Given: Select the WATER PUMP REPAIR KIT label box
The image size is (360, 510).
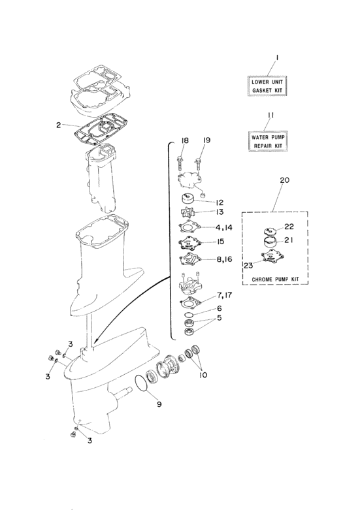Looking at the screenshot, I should pyautogui.click(x=269, y=140).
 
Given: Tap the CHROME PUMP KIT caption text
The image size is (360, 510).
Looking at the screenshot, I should pyautogui.click(x=274, y=279).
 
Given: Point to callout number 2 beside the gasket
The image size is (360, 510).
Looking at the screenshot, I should pyautogui.click(x=58, y=124).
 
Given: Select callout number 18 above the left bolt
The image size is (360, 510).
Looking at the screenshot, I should pyautogui.click(x=185, y=140).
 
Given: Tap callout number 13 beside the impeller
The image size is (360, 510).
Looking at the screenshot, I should pyautogui.click(x=220, y=213).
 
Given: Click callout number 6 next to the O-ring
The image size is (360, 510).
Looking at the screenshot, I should pyautogui.click(x=220, y=308).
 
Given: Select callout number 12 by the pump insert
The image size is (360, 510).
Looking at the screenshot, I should pyautogui.click(x=220, y=202).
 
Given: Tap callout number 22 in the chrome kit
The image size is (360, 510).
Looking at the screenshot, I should pyautogui.click(x=289, y=227).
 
